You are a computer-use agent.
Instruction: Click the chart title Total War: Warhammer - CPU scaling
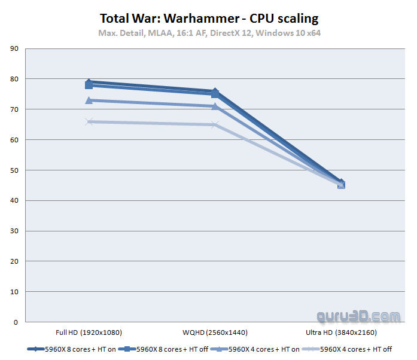pos(209,19)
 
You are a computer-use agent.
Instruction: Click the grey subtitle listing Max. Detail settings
pos(209,33)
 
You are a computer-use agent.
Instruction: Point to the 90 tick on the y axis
pos(15,48)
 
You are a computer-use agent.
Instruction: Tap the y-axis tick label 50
pos(15,170)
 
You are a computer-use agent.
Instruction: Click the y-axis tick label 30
pos(15,231)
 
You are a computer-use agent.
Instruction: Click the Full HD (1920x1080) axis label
pos(89,332)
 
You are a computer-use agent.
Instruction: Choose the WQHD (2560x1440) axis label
pos(215,332)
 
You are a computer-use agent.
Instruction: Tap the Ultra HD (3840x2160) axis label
pos(341,332)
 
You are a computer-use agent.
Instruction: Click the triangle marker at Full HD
pos(89,100)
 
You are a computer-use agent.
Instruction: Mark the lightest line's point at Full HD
pos(89,121)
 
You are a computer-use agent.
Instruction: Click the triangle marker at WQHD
pos(215,106)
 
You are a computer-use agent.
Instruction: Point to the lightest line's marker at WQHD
pos(215,125)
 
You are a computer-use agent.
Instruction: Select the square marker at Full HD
pos(89,85)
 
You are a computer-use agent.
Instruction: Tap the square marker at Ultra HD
pos(341,185)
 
